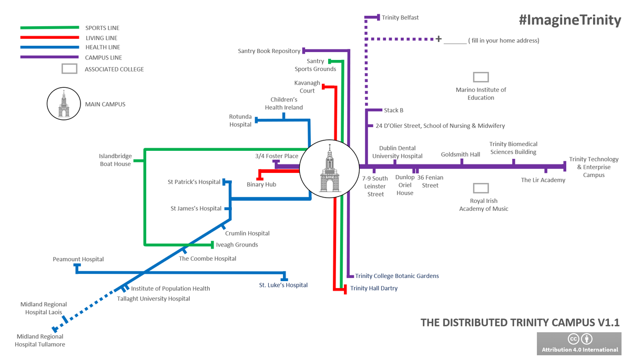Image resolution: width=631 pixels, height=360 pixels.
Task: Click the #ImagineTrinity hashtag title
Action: (569, 20)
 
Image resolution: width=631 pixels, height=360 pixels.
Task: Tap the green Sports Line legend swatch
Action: (49, 27)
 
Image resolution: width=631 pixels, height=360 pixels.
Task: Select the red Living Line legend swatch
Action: (49, 38)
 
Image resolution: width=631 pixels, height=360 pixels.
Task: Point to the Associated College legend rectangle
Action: (69, 68)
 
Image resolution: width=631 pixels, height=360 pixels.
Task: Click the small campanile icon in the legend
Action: (63, 104)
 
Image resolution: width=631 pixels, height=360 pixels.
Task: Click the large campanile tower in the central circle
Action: (330, 169)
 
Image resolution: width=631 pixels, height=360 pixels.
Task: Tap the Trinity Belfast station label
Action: (400, 17)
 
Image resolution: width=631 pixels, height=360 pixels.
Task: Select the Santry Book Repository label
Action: (269, 51)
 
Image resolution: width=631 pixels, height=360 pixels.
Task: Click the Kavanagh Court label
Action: (307, 87)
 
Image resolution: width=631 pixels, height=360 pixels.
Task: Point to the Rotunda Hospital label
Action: (240, 120)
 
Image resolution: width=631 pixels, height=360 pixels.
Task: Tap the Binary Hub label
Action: (261, 184)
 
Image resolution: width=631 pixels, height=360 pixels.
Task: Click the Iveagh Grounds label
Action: (237, 245)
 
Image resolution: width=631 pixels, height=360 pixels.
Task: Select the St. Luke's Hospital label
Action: (283, 285)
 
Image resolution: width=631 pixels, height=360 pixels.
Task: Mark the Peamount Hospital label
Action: (78, 259)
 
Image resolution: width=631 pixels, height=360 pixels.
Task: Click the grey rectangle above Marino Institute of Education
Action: (481, 77)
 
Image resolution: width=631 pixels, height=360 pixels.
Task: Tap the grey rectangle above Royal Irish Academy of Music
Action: (481, 188)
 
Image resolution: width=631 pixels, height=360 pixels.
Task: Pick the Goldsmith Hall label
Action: (460, 155)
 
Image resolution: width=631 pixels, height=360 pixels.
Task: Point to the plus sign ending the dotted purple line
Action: (438, 38)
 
